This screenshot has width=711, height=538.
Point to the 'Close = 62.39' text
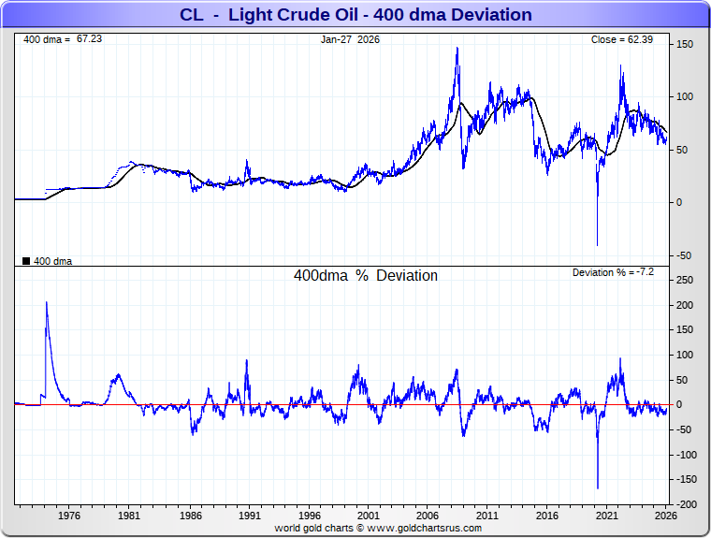(627, 39)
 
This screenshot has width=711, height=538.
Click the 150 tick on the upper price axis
(685, 45)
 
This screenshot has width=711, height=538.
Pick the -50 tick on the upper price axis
(684, 255)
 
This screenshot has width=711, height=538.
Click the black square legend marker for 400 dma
(25, 261)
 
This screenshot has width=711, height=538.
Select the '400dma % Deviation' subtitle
(366, 276)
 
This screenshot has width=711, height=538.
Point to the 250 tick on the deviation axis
(685, 280)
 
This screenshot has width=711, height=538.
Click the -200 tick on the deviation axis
(684, 504)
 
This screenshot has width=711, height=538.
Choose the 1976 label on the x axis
(68, 516)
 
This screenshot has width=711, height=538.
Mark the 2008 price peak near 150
(457, 48)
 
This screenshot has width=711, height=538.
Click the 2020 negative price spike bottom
(597, 245)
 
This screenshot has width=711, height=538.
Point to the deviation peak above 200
(46, 302)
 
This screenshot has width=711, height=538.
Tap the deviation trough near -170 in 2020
(597, 487)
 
